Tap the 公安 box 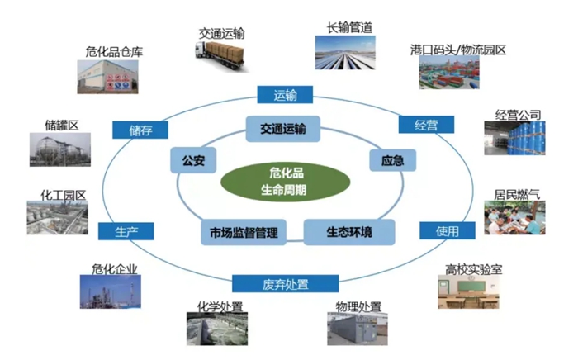(192, 158)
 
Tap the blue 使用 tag (447, 231)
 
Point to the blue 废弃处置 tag (286, 285)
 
